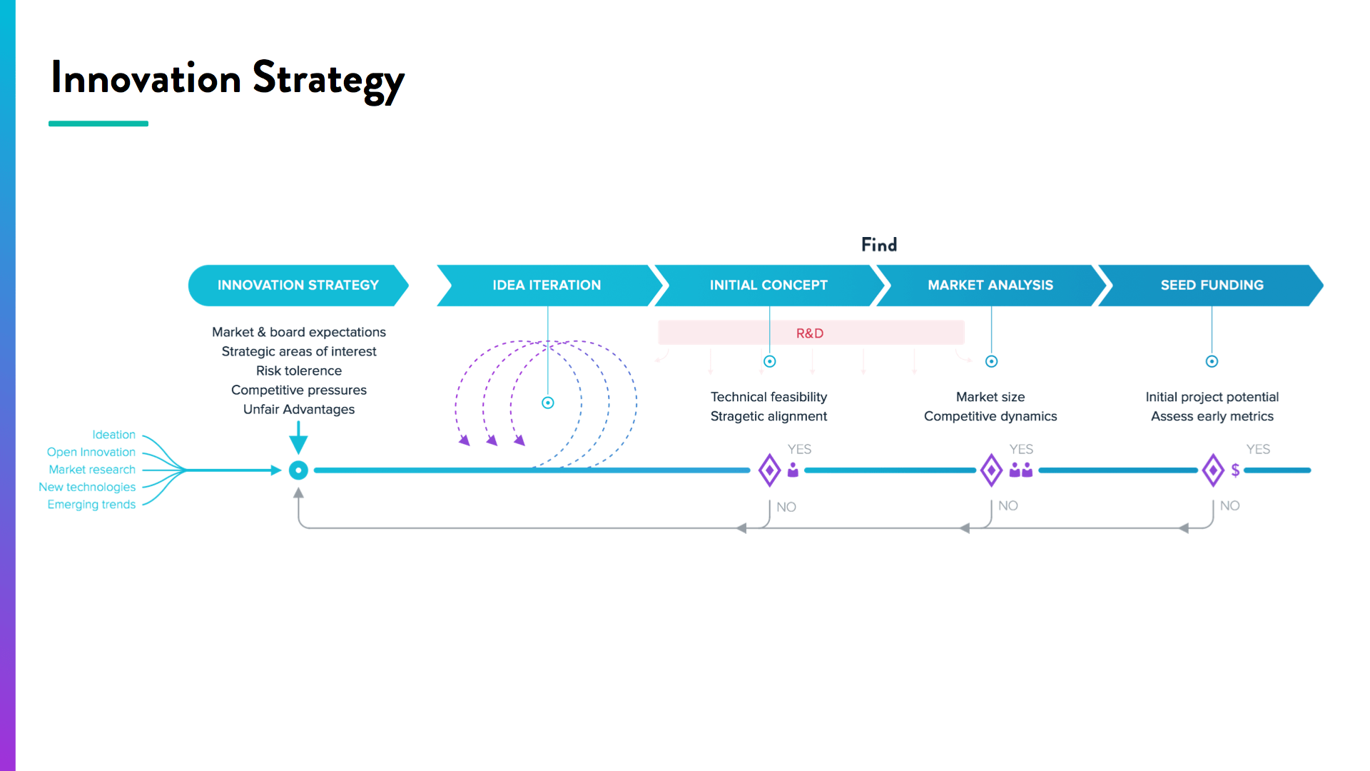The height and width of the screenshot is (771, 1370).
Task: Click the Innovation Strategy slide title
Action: pyautogui.click(x=227, y=79)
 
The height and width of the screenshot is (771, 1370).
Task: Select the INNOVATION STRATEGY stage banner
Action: pyautogui.click(x=298, y=285)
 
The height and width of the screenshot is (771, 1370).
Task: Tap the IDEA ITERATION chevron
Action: pyautogui.click(x=547, y=285)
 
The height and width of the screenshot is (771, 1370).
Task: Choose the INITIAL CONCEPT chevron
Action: pyautogui.click(x=768, y=285)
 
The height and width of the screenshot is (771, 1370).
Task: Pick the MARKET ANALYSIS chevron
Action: pyautogui.click(x=990, y=285)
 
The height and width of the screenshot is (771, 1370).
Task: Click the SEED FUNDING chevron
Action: pyautogui.click(x=1212, y=285)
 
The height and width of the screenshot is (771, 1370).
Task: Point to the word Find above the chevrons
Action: pyautogui.click(x=879, y=245)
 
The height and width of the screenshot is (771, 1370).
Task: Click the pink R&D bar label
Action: pyautogui.click(x=810, y=333)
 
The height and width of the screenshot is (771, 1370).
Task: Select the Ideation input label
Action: pyautogui.click(x=113, y=435)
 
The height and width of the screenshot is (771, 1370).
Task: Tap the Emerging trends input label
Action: pyautogui.click(x=91, y=505)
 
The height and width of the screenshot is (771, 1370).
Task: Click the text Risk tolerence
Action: pyautogui.click(x=299, y=371)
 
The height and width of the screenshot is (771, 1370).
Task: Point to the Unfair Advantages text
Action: pyautogui.click(x=299, y=409)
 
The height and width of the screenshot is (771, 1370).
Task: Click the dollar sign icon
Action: pyautogui.click(x=1235, y=470)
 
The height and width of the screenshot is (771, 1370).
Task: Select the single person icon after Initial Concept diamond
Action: pyautogui.click(x=793, y=470)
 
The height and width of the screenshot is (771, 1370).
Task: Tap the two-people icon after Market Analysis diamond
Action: pyautogui.click(x=1021, y=470)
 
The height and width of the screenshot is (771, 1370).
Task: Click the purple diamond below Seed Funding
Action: pyautogui.click(x=1213, y=470)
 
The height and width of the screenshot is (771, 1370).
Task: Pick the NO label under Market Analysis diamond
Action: pyautogui.click(x=1008, y=505)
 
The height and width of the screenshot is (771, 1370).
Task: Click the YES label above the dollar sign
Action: pyautogui.click(x=1258, y=449)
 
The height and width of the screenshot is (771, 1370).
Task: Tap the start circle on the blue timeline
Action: pyautogui.click(x=298, y=470)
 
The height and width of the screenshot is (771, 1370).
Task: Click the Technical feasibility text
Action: pyautogui.click(x=768, y=397)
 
